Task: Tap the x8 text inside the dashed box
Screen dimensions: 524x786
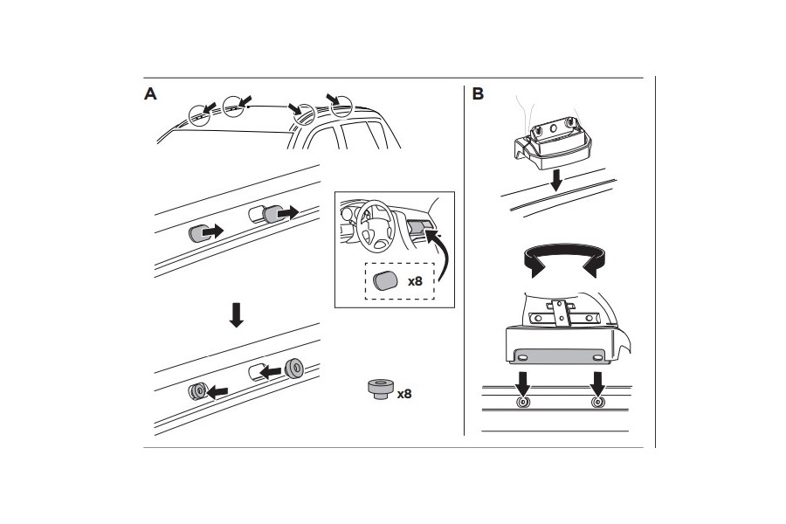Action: (415, 281)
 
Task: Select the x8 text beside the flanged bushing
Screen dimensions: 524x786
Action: (403, 394)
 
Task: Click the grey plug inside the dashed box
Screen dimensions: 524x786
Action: (384, 281)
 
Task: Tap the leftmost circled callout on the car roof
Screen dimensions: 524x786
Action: (200, 114)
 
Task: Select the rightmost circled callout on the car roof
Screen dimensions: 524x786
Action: (340, 106)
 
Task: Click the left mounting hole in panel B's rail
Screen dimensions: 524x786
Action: (523, 403)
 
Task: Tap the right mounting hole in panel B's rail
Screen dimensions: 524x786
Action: (597, 403)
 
